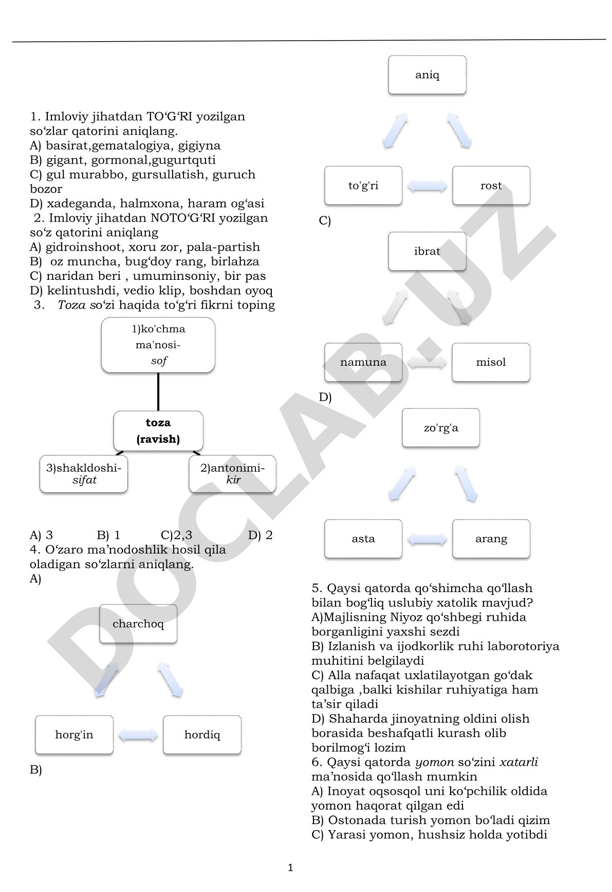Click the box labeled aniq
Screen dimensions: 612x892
427,75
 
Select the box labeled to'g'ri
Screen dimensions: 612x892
363,186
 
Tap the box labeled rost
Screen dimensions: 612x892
491,186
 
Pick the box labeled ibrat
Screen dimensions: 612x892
427,252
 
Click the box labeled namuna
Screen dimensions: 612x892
363,362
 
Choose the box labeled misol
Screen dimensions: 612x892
491,362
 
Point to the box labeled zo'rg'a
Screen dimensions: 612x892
441,428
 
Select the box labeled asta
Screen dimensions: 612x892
363,539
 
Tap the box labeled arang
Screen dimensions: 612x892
491,539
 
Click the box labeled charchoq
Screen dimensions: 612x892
138,624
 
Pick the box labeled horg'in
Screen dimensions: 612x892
74,735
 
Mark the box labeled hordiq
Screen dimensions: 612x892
202,735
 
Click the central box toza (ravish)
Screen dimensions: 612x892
158,431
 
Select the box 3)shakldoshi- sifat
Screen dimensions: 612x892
84,474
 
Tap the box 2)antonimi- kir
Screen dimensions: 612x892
232,474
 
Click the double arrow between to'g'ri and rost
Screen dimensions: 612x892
427,186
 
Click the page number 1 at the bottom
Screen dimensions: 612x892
290,868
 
